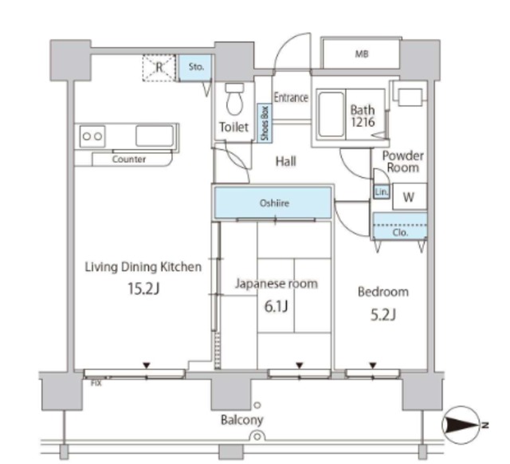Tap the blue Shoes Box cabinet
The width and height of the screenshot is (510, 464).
click(x=265, y=124)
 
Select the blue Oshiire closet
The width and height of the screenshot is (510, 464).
click(x=273, y=203)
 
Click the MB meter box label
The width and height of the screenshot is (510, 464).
click(x=362, y=53)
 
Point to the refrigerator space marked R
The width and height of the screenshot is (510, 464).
click(x=159, y=68)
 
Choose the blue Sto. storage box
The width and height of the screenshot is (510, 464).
click(x=195, y=67)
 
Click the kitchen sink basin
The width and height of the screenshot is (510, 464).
click(x=155, y=136)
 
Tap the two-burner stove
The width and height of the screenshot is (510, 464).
click(x=92, y=136)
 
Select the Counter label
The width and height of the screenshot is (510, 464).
click(x=129, y=159)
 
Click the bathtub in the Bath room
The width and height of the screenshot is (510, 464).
click(x=331, y=115)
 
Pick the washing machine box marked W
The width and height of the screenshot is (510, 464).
click(x=410, y=197)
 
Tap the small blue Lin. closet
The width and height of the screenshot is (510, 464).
click(x=381, y=192)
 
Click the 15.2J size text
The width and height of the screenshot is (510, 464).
click(x=143, y=289)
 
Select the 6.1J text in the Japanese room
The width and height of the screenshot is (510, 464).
click(x=277, y=306)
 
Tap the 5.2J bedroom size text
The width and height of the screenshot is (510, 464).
click(x=383, y=315)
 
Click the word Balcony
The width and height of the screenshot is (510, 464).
click(x=242, y=419)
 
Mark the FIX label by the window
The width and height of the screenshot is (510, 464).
click(x=96, y=383)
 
